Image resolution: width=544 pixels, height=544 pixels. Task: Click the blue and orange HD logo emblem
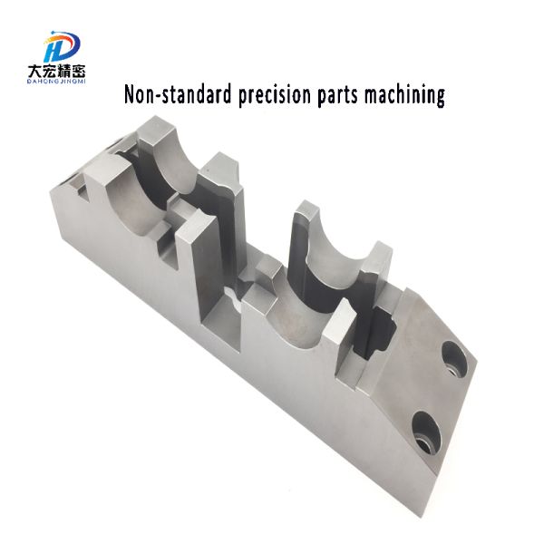pos(63,46)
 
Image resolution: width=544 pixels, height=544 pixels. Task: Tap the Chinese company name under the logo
pos(56,72)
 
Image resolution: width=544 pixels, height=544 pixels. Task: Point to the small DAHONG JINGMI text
pos(56,82)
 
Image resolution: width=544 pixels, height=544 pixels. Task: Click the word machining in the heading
pos(404,95)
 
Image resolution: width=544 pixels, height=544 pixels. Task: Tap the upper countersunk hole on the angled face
pos(454,359)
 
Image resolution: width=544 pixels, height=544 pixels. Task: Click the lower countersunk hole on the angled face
pos(426,432)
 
